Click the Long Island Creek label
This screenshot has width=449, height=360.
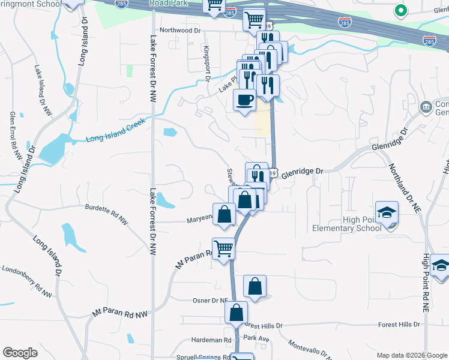tap(116, 139)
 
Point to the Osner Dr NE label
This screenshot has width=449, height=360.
tap(210, 301)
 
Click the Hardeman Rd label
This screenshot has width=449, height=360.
tap(211, 340)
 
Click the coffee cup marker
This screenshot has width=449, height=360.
tap(244, 100)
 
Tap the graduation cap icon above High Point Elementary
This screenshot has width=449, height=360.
tap(387, 212)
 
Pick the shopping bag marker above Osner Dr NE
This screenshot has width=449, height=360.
tap(255, 286)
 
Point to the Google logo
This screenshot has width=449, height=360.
tap(20, 353)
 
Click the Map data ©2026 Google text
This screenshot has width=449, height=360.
tap(411, 355)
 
